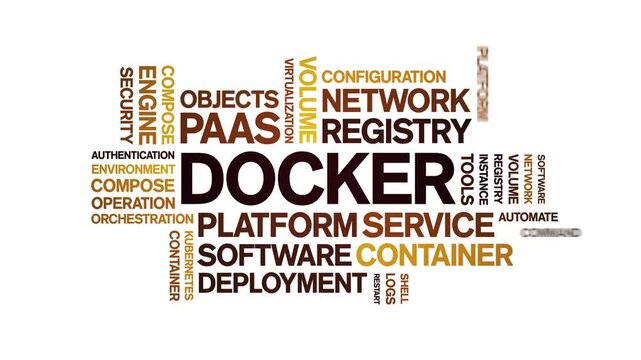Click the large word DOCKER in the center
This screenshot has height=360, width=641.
pos(317,179)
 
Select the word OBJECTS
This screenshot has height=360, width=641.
pos(229,99)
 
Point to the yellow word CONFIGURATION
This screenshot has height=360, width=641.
pos(383,77)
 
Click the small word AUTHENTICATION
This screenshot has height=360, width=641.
pos(133,155)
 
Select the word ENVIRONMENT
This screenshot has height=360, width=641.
pos(133,170)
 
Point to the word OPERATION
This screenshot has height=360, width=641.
pos(133,202)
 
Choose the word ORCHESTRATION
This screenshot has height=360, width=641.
pos(141,218)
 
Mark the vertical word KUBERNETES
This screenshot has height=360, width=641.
pos(187,265)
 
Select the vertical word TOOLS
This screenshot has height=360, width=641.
pos(467,178)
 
